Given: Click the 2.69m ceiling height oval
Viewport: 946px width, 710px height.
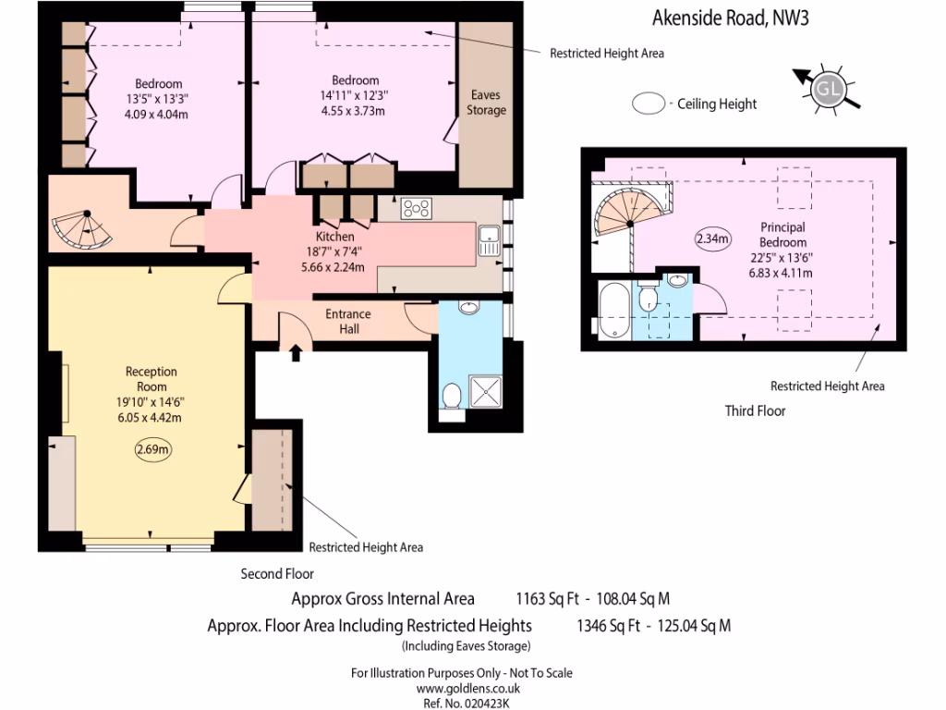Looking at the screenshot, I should pyautogui.click(x=152, y=450).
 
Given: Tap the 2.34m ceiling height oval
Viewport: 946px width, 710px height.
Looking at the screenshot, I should pyautogui.click(x=712, y=239).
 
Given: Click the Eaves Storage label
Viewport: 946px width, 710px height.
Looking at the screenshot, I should pyautogui.click(x=486, y=103).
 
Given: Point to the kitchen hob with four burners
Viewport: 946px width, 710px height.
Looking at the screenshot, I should pyautogui.click(x=417, y=209).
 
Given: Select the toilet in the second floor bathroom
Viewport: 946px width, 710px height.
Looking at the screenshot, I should pyautogui.click(x=452, y=398).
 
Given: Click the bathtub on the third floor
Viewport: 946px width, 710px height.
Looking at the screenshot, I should pyautogui.click(x=613, y=312).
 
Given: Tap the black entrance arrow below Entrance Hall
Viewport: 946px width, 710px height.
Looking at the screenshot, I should pyautogui.click(x=296, y=352).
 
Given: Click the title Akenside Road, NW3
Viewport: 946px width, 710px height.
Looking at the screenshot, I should pyautogui.click(x=731, y=17).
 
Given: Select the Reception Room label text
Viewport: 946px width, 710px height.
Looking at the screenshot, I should pyautogui.click(x=152, y=379).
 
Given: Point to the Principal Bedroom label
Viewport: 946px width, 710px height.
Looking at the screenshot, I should pyautogui.click(x=782, y=235).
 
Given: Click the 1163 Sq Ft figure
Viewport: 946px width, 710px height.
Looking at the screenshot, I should pyautogui.click(x=547, y=598).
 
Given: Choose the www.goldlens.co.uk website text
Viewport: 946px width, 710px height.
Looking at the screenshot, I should pyautogui.click(x=467, y=688).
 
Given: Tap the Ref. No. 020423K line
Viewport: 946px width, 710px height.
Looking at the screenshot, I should pyautogui.click(x=467, y=703).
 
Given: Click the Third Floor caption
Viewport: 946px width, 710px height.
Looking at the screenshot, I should pyautogui.click(x=755, y=410).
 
